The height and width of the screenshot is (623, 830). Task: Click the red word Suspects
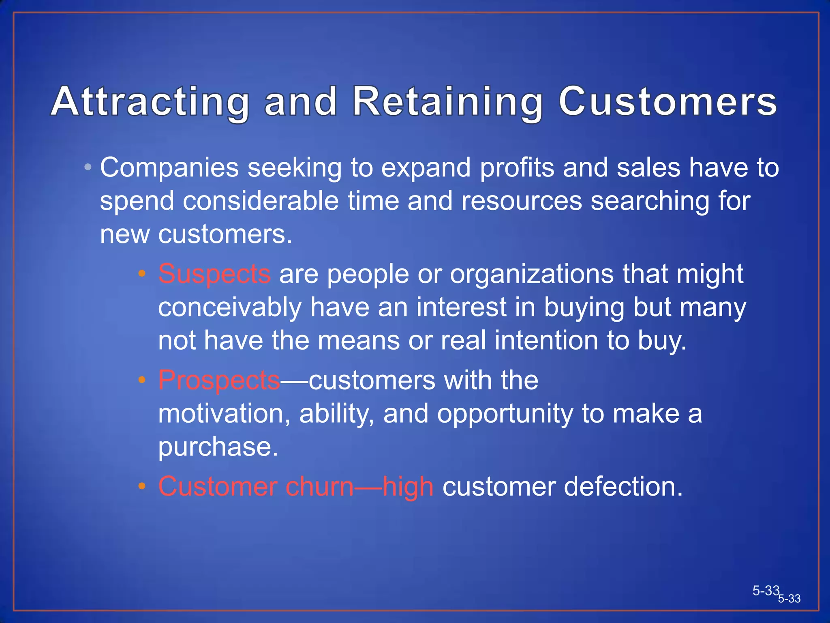[214, 274]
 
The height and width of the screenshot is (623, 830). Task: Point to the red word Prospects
[219, 380]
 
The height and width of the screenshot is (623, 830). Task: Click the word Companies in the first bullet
[169, 168]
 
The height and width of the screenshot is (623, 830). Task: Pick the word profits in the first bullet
[517, 168]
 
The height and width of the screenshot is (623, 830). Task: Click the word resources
[521, 201]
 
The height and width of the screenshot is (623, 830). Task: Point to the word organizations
[532, 274]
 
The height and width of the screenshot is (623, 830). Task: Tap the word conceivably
[230, 307]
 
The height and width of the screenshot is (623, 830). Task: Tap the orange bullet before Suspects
[141, 274]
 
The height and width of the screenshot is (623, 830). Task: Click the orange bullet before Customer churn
[141, 486]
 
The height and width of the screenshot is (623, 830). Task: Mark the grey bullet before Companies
[88, 167]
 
